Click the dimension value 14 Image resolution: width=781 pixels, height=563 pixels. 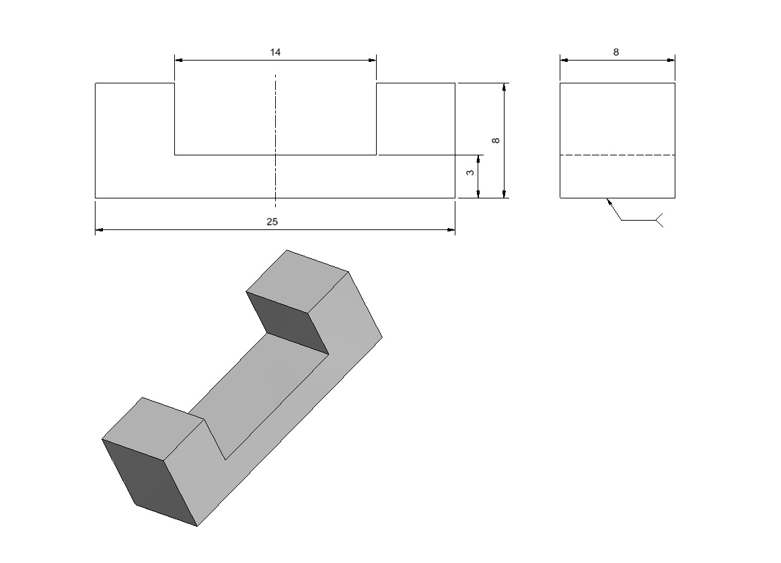point(275,52)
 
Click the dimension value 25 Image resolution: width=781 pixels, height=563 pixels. point(272,222)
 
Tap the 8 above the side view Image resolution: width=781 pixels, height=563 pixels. point(616,52)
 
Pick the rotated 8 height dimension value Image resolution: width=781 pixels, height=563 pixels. point(496,141)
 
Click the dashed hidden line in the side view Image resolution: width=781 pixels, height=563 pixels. point(618,155)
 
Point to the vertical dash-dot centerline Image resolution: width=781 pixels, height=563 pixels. point(275,141)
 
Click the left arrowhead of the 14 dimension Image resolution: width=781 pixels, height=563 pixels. point(178,61)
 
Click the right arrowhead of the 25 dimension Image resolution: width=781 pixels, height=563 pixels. point(451,229)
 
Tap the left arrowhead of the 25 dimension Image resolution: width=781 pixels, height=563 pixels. point(99,229)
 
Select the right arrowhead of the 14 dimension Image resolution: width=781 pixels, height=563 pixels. point(373,61)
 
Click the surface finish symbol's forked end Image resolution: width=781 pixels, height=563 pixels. point(659,220)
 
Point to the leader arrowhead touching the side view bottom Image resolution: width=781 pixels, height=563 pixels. point(609,201)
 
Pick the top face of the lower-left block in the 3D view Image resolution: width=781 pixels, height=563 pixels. point(153,428)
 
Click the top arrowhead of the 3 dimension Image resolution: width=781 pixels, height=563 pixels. point(478,159)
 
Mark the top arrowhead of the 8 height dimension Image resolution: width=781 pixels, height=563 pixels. point(504,87)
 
